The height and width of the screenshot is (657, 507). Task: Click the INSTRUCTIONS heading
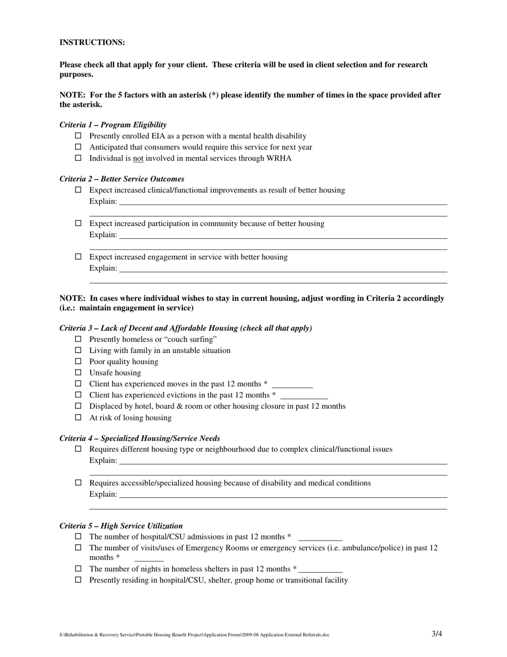(x=92, y=43)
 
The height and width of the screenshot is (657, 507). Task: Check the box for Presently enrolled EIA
(x=78, y=136)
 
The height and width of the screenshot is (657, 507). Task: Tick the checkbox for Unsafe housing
(x=78, y=373)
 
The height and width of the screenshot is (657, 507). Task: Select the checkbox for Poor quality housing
(x=78, y=362)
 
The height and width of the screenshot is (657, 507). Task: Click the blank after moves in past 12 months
(x=292, y=385)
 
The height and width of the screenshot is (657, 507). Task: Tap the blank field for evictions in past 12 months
(x=304, y=396)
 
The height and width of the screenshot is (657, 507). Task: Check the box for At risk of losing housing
(x=78, y=418)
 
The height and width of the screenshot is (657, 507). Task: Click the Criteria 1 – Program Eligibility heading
(x=113, y=125)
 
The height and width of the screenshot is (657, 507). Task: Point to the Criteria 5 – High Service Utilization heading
(x=121, y=526)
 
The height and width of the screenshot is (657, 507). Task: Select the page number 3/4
(x=437, y=634)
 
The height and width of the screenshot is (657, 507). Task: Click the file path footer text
(x=194, y=635)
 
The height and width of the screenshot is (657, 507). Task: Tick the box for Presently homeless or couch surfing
(x=78, y=339)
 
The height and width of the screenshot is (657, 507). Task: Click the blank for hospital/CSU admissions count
(x=320, y=537)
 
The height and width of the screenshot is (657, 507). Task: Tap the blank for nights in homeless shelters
(x=321, y=569)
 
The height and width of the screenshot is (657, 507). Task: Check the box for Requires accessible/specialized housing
(x=78, y=483)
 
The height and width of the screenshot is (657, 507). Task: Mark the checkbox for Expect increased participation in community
(x=78, y=223)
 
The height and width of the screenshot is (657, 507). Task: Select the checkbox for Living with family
(x=78, y=350)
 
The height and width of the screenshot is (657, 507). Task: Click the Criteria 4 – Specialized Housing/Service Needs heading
(x=139, y=439)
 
